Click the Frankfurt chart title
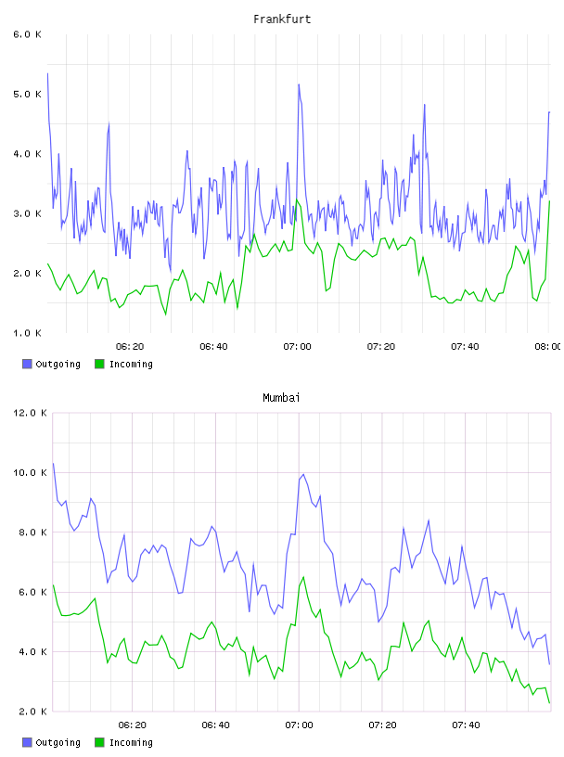(282, 19)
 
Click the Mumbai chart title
(281, 398)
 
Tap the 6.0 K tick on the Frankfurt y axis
(27, 34)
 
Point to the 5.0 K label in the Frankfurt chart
(27, 94)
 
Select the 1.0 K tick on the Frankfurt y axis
(27, 333)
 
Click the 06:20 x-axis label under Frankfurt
(130, 347)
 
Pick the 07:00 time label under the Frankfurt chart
(298, 347)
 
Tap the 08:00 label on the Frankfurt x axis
(548, 347)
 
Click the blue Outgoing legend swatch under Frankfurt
(27, 364)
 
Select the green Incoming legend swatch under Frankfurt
(99, 364)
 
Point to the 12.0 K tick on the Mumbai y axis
(30, 413)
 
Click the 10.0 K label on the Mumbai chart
(30, 472)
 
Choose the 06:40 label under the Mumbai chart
(216, 725)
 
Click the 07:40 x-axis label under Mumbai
(466, 725)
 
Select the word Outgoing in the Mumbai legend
(58, 743)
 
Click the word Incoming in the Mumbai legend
(131, 743)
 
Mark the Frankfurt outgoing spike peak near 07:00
(299, 84)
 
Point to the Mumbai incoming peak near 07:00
(303, 577)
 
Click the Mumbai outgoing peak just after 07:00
(303, 474)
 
